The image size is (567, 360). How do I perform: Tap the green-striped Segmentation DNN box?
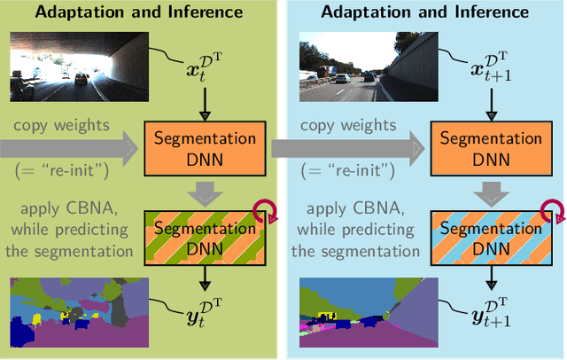[x=205, y=236]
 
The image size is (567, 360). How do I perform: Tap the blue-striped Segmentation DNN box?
[x=490, y=236]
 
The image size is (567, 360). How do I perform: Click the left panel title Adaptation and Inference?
[x=138, y=12]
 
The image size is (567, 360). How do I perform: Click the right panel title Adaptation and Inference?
[x=424, y=12]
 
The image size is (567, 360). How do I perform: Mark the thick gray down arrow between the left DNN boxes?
[x=205, y=192]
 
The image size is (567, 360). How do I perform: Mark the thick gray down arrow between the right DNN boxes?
[x=490, y=192]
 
